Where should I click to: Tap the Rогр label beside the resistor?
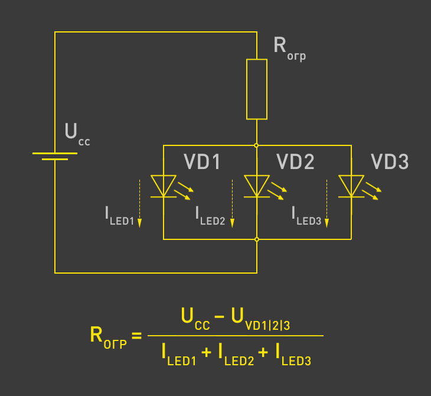289,48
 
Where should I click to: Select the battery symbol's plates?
55,156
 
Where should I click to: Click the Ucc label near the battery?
77,134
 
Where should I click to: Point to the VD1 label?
202,161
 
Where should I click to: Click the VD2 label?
295,161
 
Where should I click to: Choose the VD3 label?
390,161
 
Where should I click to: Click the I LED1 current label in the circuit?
120,216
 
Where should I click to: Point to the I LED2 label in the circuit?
210,216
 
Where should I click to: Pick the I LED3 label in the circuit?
306,216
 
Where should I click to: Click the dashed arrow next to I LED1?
140,204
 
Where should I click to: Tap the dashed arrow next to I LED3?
326,204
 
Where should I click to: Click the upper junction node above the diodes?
256,145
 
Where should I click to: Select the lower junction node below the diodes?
257,239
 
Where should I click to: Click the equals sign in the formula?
136,336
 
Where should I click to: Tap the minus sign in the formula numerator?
219,317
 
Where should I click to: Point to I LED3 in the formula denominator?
293,355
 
